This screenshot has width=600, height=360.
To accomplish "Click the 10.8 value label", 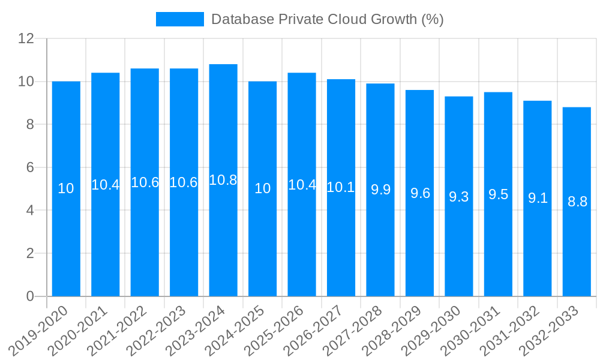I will [x=223, y=180].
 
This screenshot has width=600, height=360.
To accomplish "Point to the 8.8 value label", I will [x=577, y=202].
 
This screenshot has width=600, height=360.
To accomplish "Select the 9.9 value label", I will [x=380, y=190].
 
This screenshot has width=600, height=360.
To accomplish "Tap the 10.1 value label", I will [x=341, y=187].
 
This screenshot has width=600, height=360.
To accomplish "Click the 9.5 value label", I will [x=498, y=194].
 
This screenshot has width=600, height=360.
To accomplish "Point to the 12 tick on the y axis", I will [x=26, y=38].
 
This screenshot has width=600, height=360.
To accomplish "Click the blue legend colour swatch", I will [x=179, y=19].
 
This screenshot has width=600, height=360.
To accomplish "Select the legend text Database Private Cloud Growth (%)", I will [x=327, y=19].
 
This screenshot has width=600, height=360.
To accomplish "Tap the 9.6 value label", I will [x=420, y=193].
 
